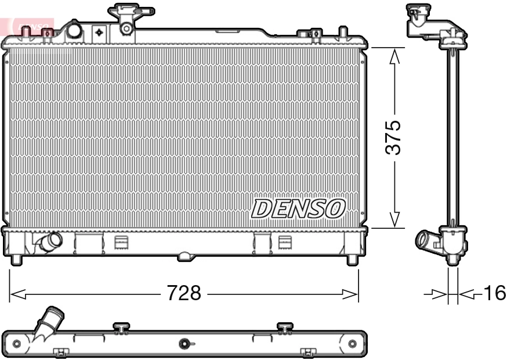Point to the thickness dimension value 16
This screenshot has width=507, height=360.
tap(494, 293)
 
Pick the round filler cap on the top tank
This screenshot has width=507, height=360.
tap(75, 30)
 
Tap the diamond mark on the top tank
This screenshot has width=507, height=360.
tap(99, 32)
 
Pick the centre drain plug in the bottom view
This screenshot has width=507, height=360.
tap(185, 344)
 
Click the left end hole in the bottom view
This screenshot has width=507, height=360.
tap(17, 344)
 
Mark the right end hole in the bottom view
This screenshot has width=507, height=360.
tap(352, 344)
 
